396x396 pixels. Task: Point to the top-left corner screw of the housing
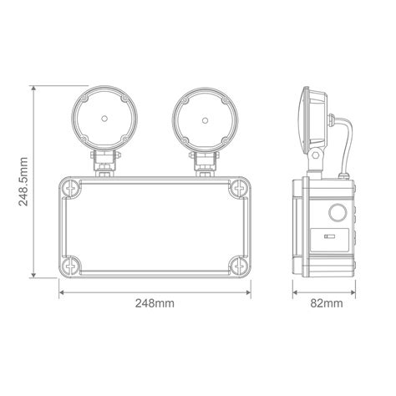click(x=70, y=188)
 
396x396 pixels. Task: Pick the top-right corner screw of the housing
click(x=240, y=188)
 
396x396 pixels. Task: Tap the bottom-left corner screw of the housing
click(x=70, y=266)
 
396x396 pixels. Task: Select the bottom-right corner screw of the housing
click(x=240, y=266)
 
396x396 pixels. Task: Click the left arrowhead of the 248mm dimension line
click(x=62, y=292)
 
